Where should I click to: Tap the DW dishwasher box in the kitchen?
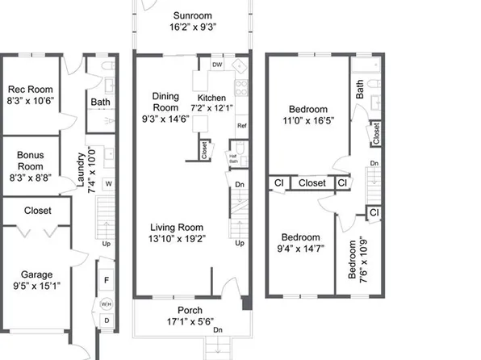click(217, 65)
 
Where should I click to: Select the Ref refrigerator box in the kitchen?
click(241, 126)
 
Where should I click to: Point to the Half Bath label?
click(233, 159)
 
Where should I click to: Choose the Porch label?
click(190, 310)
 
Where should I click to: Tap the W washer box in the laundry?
click(107, 183)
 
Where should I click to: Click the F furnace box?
click(107, 280)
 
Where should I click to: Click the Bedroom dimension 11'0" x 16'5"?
click(306, 120)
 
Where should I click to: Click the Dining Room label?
click(165, 101)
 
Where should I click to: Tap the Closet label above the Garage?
click(37, 211)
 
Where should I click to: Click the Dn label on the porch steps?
click(217, 329)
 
